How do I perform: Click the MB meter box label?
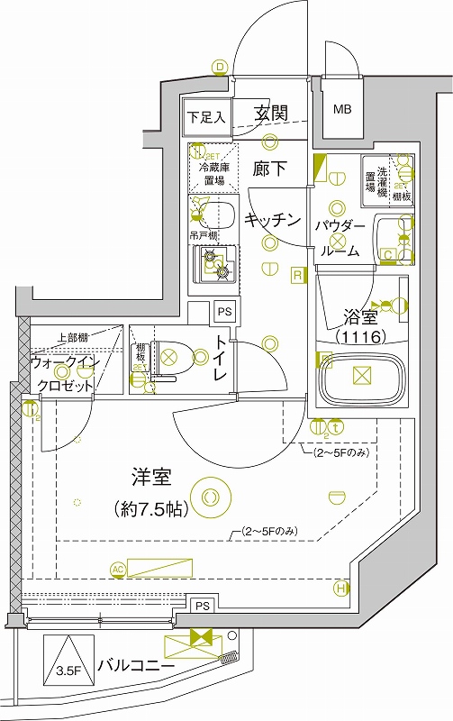342,110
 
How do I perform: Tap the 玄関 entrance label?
269,114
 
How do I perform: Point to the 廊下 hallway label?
268,169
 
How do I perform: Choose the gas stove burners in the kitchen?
214,263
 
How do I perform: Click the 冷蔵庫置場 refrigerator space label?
213,174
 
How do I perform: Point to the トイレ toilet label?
220,360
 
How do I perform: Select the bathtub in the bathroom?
360,379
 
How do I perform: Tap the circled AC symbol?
117,569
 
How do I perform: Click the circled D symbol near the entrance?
219,66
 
